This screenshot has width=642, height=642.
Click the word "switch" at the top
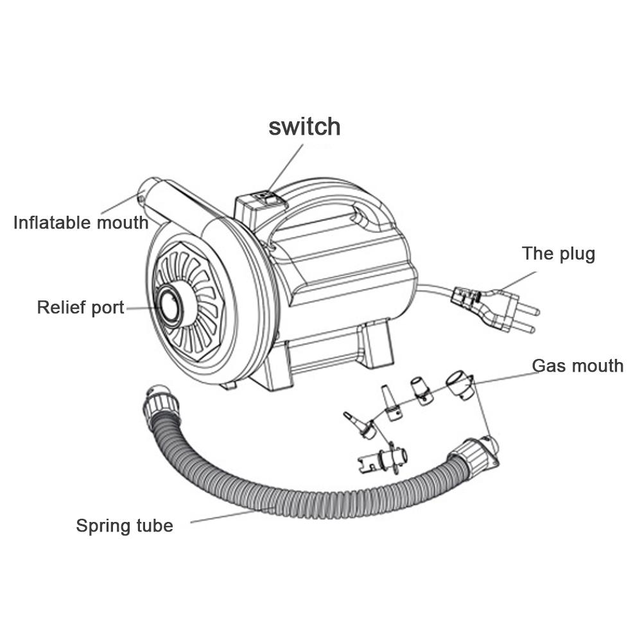(304, 126)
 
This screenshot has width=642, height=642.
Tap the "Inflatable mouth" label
(81, 223)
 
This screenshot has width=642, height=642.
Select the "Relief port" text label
(80, 307)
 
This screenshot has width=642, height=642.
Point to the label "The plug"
(558, 253)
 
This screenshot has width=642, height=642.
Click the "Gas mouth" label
(577, 365)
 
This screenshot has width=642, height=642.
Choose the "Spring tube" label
(125, 526)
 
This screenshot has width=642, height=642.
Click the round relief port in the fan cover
(173, 306)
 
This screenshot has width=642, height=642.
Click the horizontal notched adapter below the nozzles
(382, 458)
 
